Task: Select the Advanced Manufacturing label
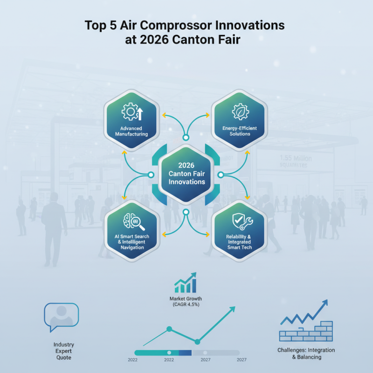tap(131, 131)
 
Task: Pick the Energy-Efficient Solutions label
tap(240, 131)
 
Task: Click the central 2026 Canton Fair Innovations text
tap(186, 173)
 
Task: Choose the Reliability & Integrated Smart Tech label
tap(240, 242)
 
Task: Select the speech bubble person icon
tap(61, 317)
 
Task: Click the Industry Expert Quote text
tap(63, 351)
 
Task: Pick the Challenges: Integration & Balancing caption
tap(306, 353)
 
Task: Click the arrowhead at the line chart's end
tap(232, 309)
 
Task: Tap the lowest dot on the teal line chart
tap(197, 342)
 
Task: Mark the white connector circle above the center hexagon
tap(186, 138)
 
